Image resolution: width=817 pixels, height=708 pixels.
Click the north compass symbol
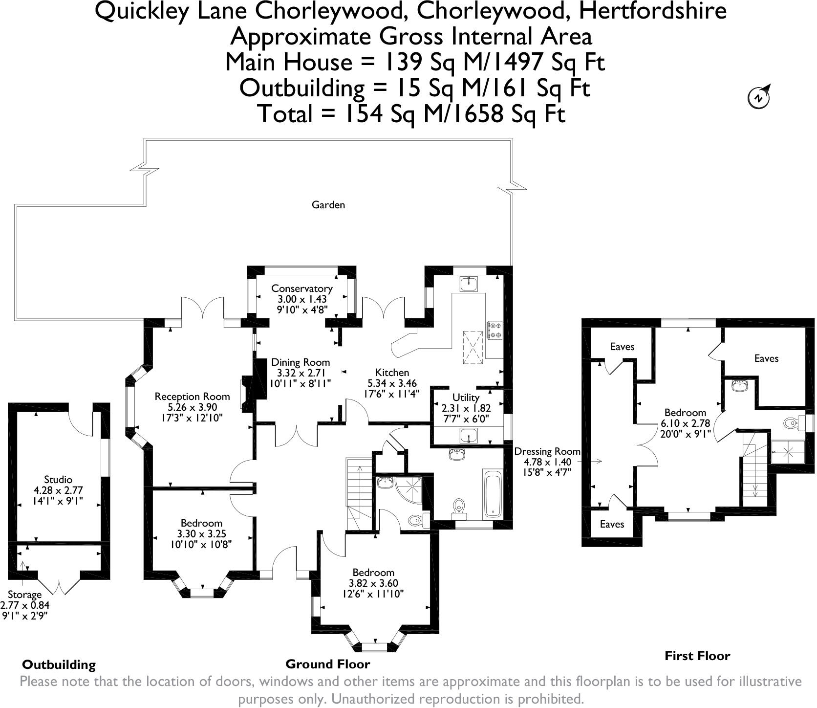[x=759, y=97]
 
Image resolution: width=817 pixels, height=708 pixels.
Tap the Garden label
[x=328, y=205]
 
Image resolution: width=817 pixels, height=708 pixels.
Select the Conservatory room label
[x=302, y=288]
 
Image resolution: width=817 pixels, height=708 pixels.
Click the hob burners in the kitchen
[x=494, y=330]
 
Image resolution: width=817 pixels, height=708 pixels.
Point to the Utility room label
[x=466, y=397]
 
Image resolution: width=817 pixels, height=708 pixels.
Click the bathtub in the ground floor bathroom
[x=493, y=494]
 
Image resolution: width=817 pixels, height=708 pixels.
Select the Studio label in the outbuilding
[x=58, y=480]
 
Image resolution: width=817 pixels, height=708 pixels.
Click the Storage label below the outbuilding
[x=25, y=595]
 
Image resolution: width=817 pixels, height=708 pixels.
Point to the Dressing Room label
[x=547, y=451]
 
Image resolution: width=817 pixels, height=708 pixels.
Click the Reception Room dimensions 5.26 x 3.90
[x=192, y=407]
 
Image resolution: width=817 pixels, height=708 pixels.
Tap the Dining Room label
[x=301, y=362]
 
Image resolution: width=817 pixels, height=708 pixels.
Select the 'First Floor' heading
[x=697, y=656]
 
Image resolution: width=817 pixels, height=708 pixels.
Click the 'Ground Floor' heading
[x=328, y=664]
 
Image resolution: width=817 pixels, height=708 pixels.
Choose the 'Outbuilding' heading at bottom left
[x=59, y=664]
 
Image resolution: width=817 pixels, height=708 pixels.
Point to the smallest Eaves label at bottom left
[x=612, y=524]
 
